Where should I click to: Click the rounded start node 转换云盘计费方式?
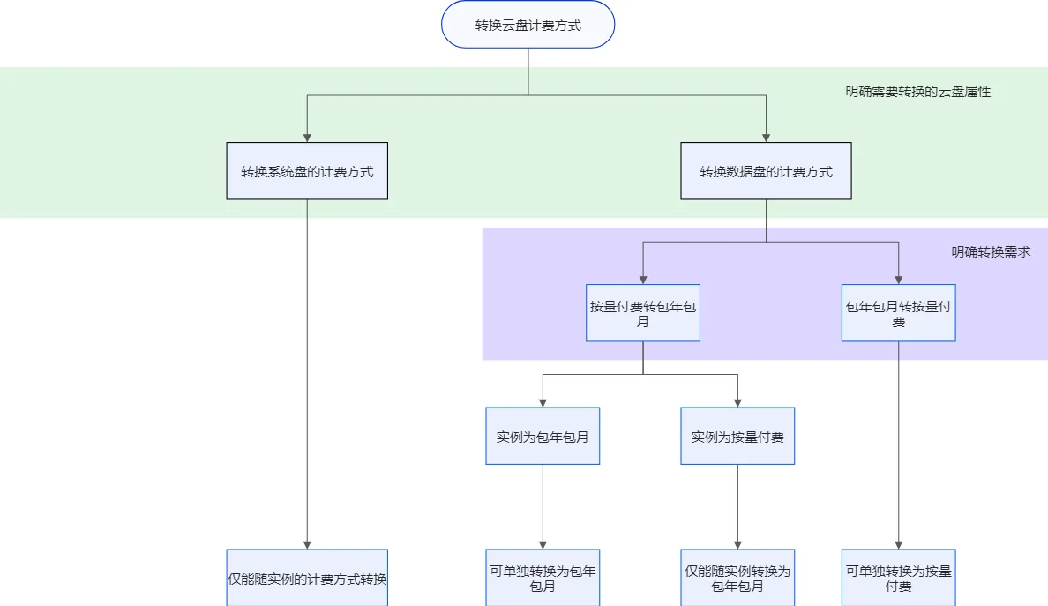click(528, 25)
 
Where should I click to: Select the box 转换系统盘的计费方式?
click(307, 171)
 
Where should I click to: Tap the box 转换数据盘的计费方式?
click(766, 171)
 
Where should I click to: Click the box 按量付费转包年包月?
click(643, 313)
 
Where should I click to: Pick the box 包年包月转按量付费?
click(898, 313)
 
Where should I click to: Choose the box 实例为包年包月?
click(543, 436)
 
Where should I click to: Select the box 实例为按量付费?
click(737, 436)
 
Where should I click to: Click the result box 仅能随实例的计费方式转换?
click(307, 579)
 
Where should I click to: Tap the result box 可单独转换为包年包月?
click(543, 578)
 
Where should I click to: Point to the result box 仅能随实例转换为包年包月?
click(737, 578)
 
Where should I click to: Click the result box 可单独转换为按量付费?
click(898, 578)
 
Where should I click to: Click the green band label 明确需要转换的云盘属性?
click(917, 91)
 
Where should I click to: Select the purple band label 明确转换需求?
click(991, 251)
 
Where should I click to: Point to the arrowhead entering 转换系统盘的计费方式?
click(307, 137)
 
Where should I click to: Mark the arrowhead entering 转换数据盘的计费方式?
click(766, 137)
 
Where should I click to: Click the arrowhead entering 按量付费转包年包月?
click(643, 279)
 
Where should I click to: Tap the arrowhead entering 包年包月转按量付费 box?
click(898, 279)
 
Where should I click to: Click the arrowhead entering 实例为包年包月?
click(543, 401)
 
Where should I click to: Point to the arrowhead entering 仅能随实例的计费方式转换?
click(307, 544)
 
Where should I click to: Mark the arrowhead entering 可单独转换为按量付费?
click(898, 544)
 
